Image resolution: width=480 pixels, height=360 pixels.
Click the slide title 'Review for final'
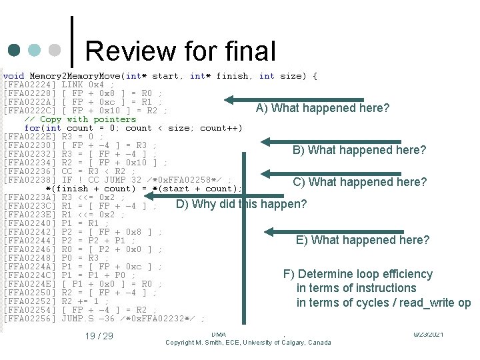[180, 51]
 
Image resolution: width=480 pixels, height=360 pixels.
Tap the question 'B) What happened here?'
[359, 150]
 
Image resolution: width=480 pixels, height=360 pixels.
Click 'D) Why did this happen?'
[241, 204]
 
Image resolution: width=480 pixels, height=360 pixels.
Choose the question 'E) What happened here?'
[363, 240]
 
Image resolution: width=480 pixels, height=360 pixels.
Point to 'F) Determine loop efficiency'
[358, 274]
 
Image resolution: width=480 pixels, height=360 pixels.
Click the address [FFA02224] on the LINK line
[30, 85]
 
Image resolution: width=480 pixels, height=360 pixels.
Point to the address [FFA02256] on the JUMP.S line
[30, 319]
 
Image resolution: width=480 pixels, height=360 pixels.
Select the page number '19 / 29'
[99, 335]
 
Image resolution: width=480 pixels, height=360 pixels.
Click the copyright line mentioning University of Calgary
[248, 343]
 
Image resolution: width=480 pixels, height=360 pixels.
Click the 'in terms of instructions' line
[356, 288]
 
